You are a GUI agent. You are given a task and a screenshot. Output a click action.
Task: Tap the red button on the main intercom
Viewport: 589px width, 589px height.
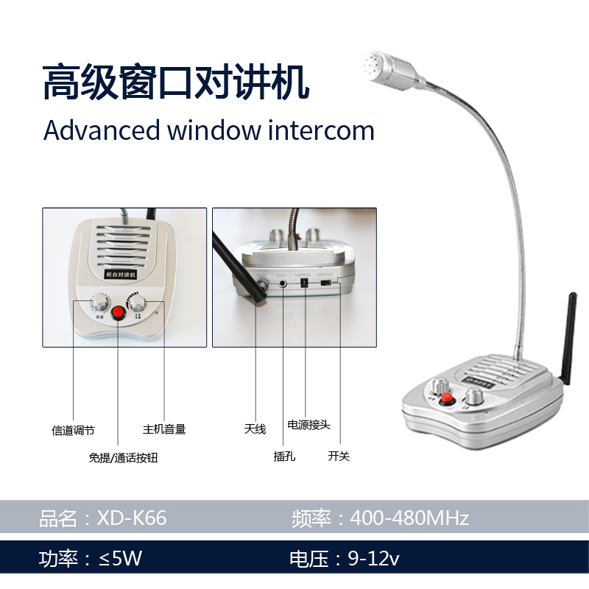[x=446, y=398]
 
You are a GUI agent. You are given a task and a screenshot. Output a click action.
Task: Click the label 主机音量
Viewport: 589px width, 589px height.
[x=164, y=429]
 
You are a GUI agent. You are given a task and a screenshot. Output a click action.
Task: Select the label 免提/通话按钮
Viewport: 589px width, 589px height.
[x=123, y=458]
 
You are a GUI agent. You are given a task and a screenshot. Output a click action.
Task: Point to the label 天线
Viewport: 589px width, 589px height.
[x=255, y=429]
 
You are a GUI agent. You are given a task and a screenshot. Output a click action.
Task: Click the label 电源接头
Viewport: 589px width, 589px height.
[x=308, y=425]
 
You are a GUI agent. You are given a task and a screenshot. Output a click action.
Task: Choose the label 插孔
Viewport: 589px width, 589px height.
[x=284, y=456]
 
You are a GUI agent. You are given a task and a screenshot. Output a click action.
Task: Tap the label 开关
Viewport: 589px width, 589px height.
[x=339, y=456]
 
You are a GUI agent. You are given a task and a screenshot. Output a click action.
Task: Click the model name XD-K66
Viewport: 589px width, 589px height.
[x=132, y=518]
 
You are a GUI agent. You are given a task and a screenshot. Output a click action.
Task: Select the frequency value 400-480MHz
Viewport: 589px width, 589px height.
[x=409, y=518]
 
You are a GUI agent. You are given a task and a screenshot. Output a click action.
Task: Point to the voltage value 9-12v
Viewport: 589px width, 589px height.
[x=373, y=559]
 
